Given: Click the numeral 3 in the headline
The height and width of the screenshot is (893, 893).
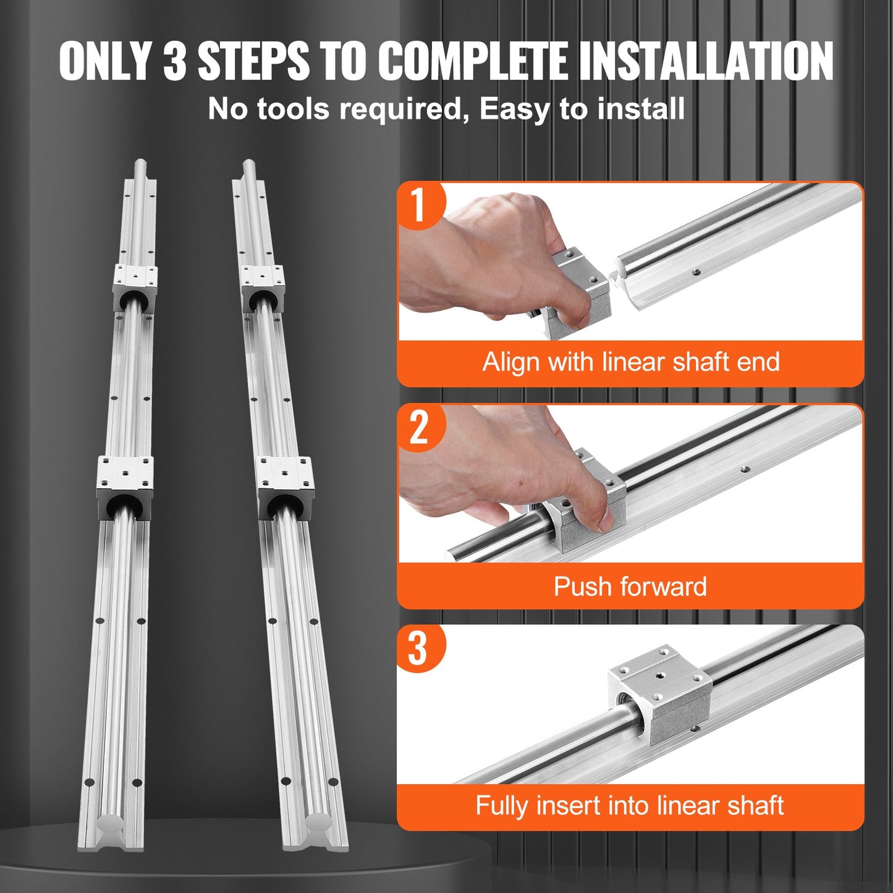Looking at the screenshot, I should pyautogui.click(x=175, y=61).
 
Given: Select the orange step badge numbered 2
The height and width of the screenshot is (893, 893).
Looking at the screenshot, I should pyautogui.click(x=419, y=427).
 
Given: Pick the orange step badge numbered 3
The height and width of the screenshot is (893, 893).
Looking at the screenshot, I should pyautogui.click(x=418, y=648).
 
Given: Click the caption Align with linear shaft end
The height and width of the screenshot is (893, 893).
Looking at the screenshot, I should pyautogui.click(x=630, y=362).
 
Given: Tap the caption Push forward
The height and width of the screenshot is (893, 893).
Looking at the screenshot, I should pyautogui.click(x=630, y=586).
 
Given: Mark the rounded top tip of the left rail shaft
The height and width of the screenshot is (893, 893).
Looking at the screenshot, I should pyautogui.click(x=140, y=165).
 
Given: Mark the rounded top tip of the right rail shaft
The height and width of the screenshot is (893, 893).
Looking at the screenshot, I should pyautogui.click(x=248, y=165).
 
